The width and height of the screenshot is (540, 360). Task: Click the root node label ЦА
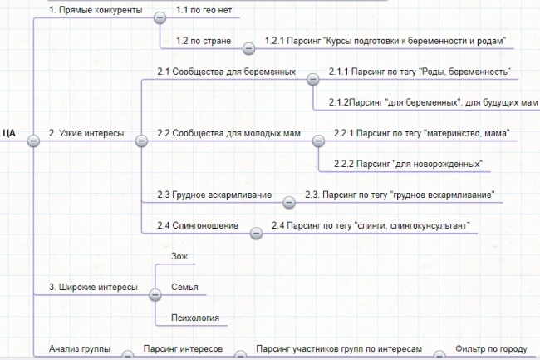pyautogui.click(x=9, y=133)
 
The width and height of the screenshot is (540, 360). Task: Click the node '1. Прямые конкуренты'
pyautogui.click(x=96, y=10)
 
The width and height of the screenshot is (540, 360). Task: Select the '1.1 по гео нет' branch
pyautogui.click(x=204, y=10)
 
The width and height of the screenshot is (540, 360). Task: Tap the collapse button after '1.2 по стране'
pyautogui.click(x=248, y=48)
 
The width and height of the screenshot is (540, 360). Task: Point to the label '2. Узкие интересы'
pyautogui.click(x=86, y=133)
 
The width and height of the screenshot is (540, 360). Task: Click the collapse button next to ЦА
pyautogui.click(x=33, y=141)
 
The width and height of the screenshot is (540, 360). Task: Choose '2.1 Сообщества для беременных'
pyautogui.click(x=227, y=72)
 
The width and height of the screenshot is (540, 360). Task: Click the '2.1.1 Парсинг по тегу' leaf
pyautogui.click(x=420, y=72)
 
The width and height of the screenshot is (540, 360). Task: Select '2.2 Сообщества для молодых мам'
pyautogui.click(x=229, y=133)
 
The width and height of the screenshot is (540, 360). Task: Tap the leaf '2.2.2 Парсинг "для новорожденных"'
pyautogui.click(x=408, y=164)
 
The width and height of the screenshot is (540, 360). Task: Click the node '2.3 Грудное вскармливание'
pyautogui.click(x=214, y=195)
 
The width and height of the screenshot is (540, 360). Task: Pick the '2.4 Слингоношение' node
pyautogui.click(x=198, y=225)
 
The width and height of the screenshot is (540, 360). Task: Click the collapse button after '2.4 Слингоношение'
pyautogui.click(x=256, y=234)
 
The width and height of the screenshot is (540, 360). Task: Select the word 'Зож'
pyautogui.click(x=179, y=256)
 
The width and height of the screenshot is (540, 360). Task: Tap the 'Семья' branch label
pyautogui.click(x=184, y=287)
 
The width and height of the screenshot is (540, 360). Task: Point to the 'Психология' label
pyautogui.click(x=195, y=318)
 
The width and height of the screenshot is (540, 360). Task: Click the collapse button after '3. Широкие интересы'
pyautogui.click(x=155, y=295)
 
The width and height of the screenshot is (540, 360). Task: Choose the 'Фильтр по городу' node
pyautogui.click(x=491, y=349)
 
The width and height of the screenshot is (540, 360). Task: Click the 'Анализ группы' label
pyautogui.click(x=80, y=348)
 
